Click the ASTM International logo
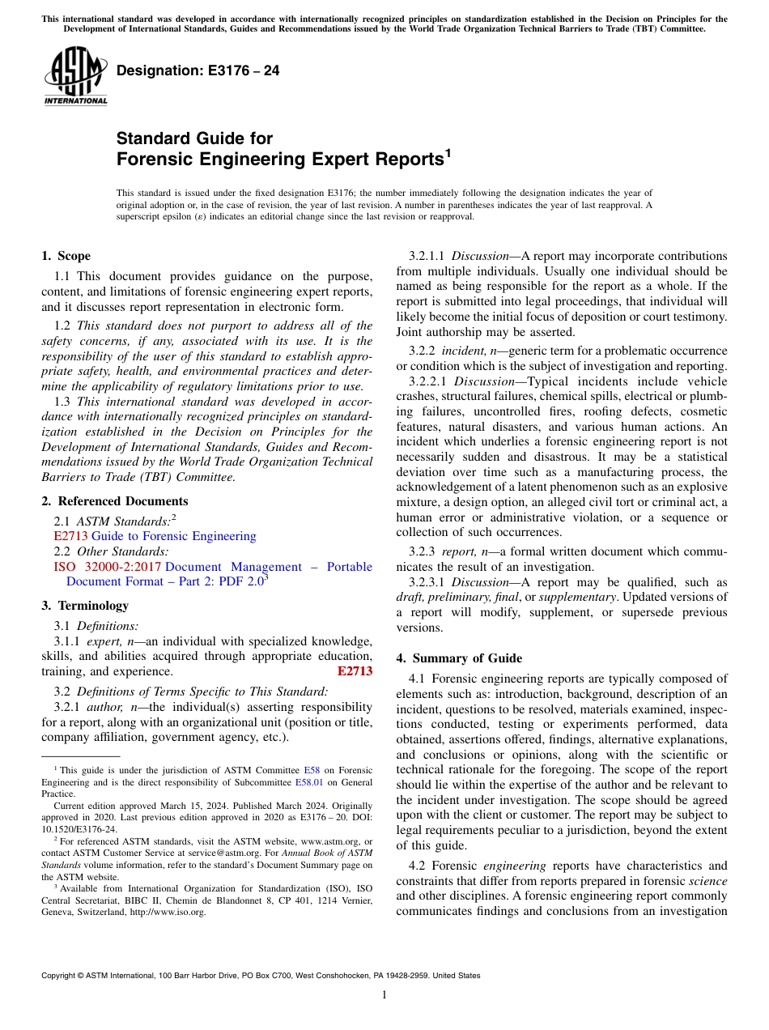[75, 76]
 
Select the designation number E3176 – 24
[198, 70]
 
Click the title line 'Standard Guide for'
[194, 138]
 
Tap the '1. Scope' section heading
[66, 256]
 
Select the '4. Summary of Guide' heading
[459, 658]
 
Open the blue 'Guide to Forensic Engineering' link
[173, 536]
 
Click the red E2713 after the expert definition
[355, 671]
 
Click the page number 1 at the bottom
[384, 995]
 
